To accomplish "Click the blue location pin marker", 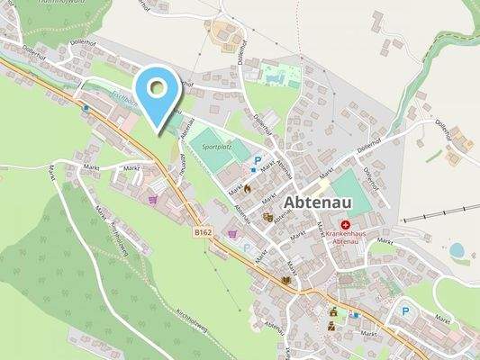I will [x=158, y=91].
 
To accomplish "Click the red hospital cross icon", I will [x=345, y=225].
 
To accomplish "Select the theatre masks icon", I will [x=267, y=217].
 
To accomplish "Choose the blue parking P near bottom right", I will [x=404, y=310].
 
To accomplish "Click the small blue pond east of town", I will [x=457, y=249].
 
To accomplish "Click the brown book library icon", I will [x=286, y=280].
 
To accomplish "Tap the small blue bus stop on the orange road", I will [x=86, y=107].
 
